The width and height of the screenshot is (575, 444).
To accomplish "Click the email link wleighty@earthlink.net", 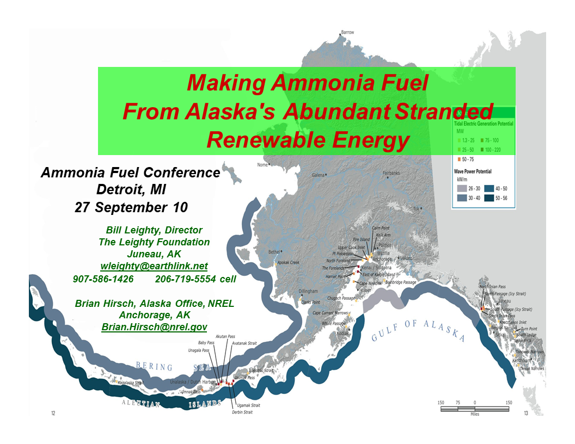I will click(x=154, y=266).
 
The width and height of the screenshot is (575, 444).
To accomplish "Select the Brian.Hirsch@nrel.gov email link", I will click(x=154, y=327).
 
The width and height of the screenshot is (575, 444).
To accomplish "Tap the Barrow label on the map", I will click(x=347, y=32).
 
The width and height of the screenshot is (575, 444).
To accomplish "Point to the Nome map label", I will click(x=262, y=164).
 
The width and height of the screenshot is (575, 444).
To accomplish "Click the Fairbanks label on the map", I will click(x=391, y=173).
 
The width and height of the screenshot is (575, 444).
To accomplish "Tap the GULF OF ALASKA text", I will click(x=418, y=330).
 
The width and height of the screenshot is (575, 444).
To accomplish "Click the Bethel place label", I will click(x=276, y=252).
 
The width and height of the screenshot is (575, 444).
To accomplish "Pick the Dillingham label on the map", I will click(x=308, y=291).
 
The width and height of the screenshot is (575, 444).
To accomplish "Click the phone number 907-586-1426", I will click(x=103, y=279).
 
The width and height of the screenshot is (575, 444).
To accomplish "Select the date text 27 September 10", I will click(x=131, y=207).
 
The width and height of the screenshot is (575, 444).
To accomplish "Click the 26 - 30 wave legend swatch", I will click(x=460, y=188).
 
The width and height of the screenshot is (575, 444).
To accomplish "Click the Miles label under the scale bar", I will click(x=474, y=414).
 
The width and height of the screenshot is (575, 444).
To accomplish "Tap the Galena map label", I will click(x=318, y=175).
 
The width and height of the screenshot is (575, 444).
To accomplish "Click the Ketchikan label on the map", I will click(x=522, y=360).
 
